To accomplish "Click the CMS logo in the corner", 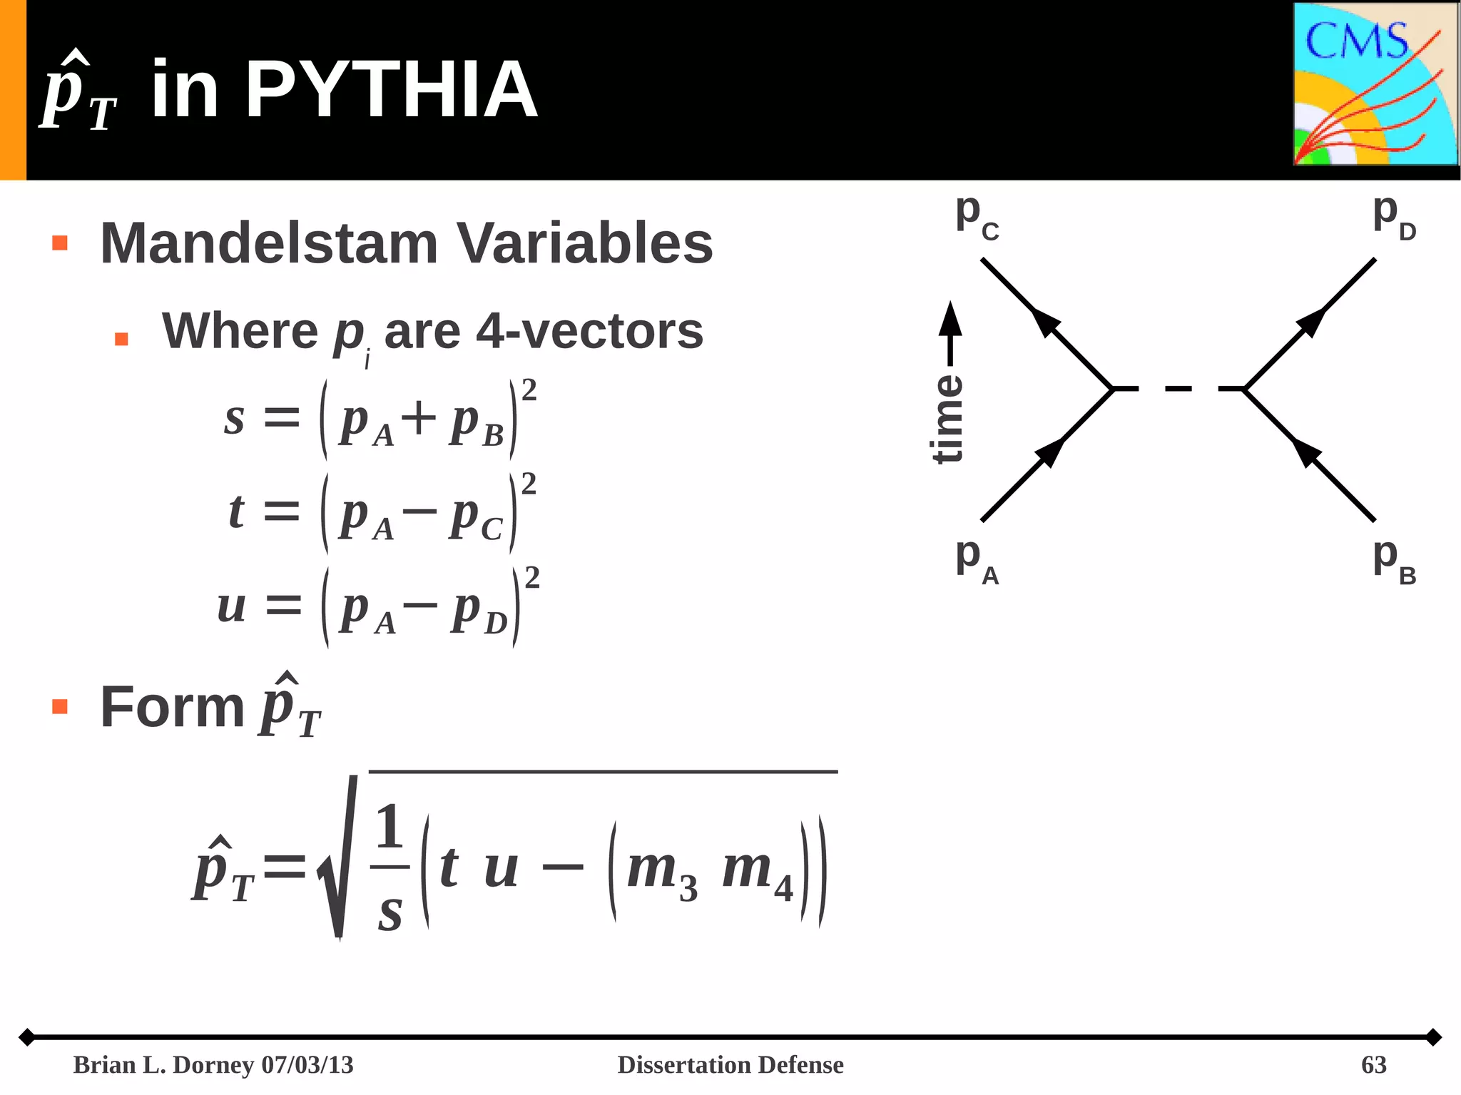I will point(1375,84).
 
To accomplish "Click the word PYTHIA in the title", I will point(391,91).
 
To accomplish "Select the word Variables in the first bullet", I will point(584,243).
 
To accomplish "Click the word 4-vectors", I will point(589,331).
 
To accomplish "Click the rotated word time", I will point(948,419).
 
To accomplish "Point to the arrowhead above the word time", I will point(950,319).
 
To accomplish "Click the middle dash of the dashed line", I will point(1178,389).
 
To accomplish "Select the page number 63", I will point(1373,1065).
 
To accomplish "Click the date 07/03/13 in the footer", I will point(307,1065).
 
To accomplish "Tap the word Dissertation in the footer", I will point(683,1065).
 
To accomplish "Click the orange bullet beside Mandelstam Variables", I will point(60,243).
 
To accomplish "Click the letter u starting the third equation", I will point(232,607).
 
